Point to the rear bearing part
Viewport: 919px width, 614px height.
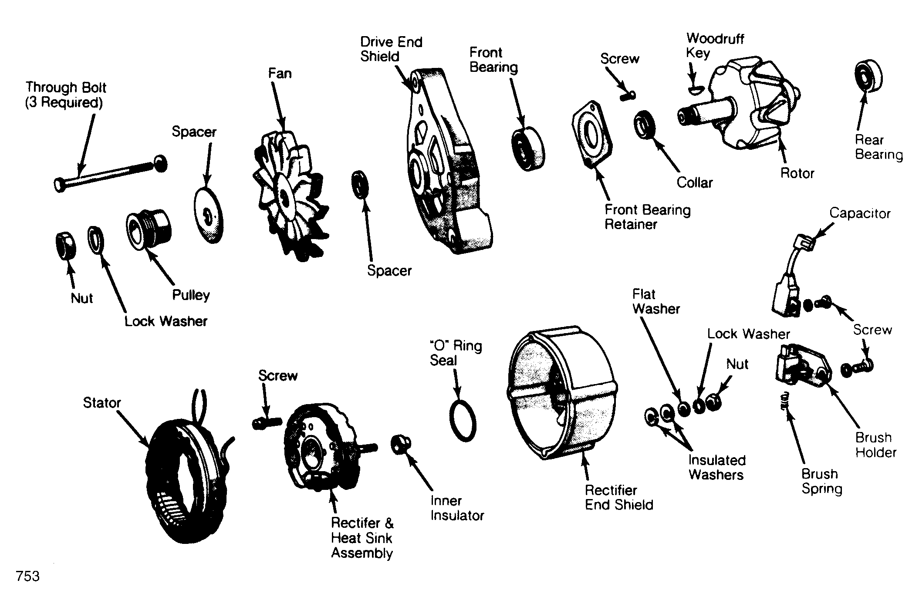[x=868, y=81]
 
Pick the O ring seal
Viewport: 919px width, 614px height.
[x=463, y=421]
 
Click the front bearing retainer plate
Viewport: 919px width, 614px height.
[x=592, y=135]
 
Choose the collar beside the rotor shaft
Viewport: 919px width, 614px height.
[x=645, y=125]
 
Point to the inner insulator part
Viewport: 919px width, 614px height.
[x=401, y=444]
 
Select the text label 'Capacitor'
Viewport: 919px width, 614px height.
[x=860, y=213]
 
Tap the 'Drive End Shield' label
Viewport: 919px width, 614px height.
[x=391, y=49]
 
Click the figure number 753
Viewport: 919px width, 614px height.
[x=27, y=576]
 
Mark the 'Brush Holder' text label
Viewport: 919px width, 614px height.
[x=875, y=445]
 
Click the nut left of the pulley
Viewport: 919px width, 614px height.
[x=66, y=246]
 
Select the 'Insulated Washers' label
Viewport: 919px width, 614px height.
[x=716, y=467]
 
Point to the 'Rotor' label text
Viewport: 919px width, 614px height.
[x=797, y=173]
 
